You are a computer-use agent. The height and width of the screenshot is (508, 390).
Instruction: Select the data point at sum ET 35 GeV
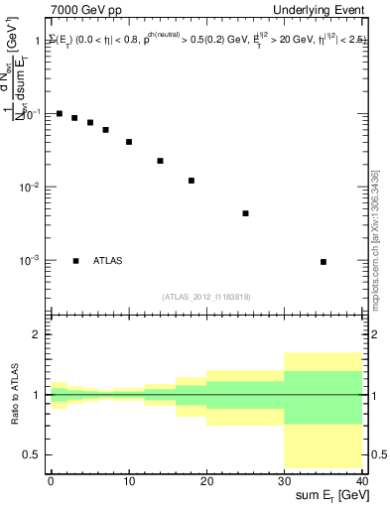point(324,262)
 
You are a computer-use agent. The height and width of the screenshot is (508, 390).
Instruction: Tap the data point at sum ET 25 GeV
point(245,213)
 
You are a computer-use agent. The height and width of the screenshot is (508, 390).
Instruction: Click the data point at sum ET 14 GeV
point(160,161)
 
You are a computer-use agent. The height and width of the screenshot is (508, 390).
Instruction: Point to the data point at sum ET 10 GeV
point(129,142)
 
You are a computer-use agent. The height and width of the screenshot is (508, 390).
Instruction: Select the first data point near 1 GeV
point(60,114)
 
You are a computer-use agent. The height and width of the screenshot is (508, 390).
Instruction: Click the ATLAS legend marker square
point(75,261)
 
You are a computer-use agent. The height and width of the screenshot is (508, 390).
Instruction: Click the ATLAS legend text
point(108,261)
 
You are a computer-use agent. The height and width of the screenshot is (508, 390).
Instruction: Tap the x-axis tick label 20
point(206,479)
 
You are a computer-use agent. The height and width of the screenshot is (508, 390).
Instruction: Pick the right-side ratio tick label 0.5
point(377,454)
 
